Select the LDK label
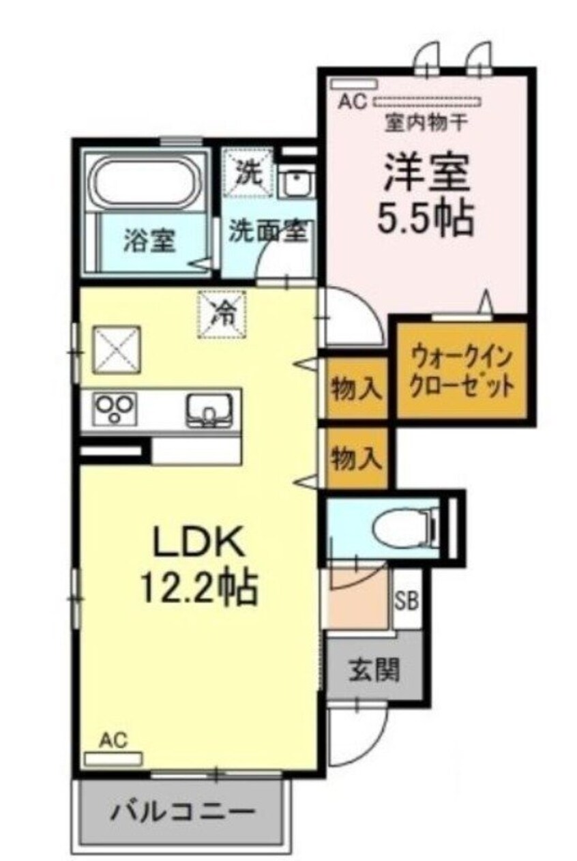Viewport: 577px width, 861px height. coord(198,544)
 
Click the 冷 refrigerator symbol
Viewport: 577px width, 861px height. coord(223,314)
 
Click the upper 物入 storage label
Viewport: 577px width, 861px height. coord(355,389)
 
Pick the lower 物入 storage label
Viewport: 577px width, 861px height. coord(355,458)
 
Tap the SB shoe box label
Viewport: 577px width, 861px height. coord(407,602)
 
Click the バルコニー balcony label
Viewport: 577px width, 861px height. coord(183,813)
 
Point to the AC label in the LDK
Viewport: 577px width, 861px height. coord(114,740)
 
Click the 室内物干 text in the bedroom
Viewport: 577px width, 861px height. coord(417,123)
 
